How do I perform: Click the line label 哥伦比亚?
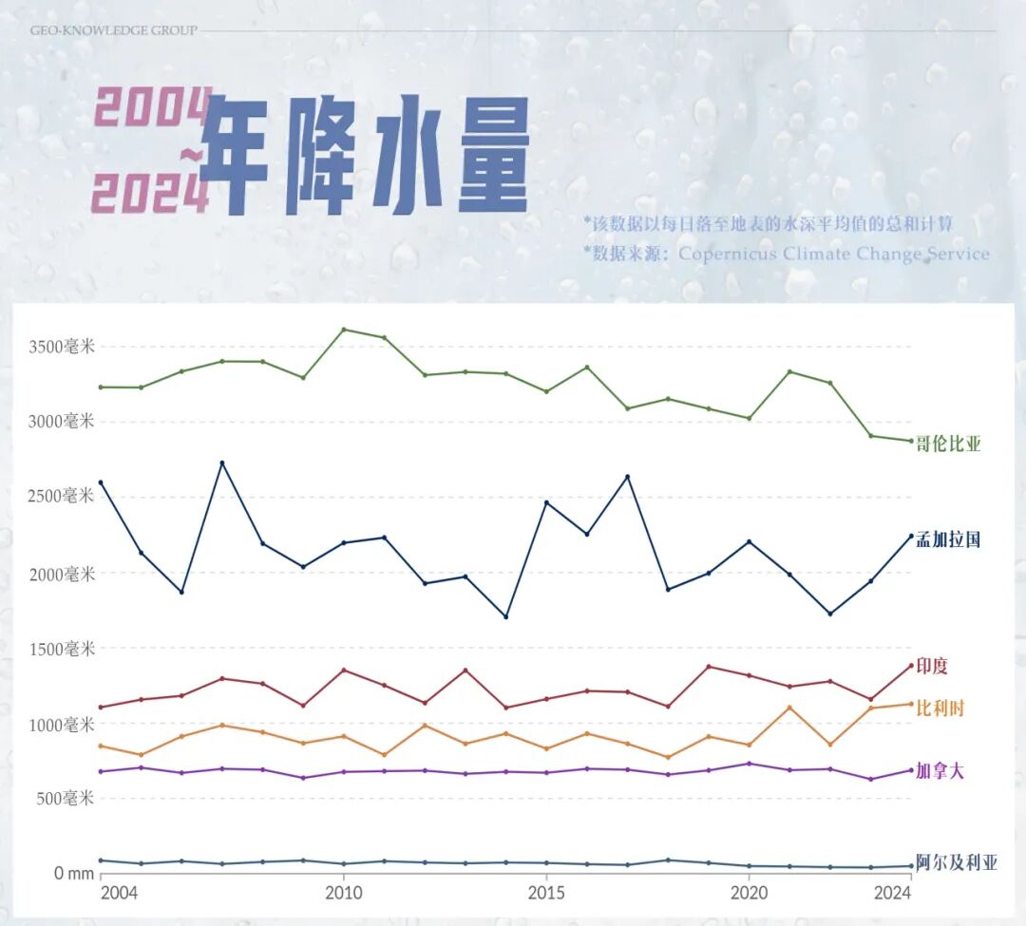coord(947,444)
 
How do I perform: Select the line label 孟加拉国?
coord(947,540)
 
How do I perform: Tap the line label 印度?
coord(932,667)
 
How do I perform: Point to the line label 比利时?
coord(940,709)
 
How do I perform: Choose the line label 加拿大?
coord(940,771)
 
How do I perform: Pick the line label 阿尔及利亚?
coord(956,863)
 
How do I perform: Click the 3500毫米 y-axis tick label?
coord(60,347)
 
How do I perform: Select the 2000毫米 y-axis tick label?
coord(60,574)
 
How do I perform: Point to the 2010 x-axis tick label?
coord(343,893)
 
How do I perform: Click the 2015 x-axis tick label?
coord(546,893)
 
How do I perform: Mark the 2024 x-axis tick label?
coord(892,893)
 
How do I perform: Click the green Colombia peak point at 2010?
coord(343,330)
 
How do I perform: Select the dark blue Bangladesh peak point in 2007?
coord(221,463)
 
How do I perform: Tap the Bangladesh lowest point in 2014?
coord(505,616)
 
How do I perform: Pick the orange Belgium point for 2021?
coord(788,708)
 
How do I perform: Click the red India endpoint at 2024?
coord(910,666)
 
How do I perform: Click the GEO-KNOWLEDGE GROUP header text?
coord(113,30)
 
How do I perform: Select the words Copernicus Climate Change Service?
coord(833,254)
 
